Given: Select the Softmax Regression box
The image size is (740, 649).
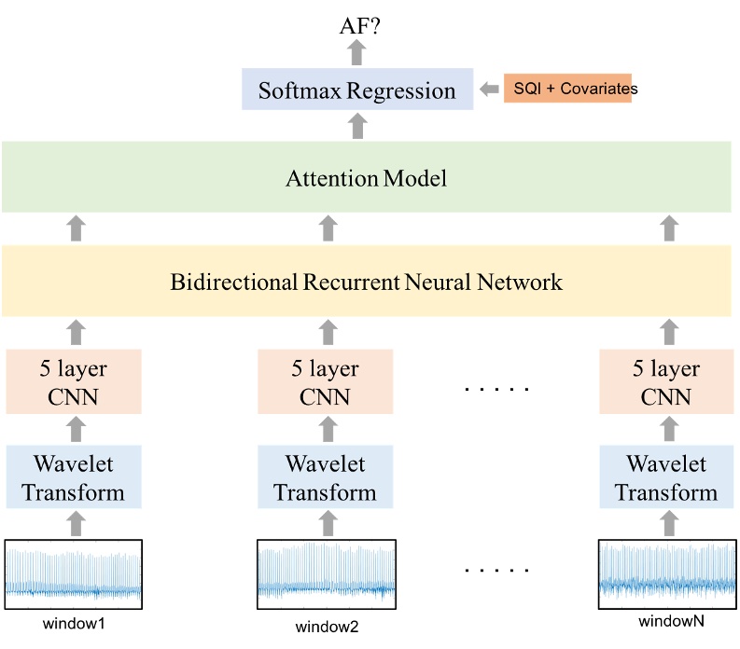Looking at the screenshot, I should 357,90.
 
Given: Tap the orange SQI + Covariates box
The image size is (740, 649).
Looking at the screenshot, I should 567,89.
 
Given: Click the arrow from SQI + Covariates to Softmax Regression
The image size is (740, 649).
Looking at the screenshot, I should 489,90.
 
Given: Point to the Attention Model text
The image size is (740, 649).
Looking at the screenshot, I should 366,177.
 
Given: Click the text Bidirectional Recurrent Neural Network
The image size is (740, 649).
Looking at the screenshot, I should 367,281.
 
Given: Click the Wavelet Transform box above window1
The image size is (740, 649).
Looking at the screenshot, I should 74,477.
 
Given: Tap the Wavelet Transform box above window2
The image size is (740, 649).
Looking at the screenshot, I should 326,477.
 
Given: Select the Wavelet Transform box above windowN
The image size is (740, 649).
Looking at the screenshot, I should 666,477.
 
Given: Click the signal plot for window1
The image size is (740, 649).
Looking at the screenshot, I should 74,572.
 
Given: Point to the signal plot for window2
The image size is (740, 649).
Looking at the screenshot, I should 326,572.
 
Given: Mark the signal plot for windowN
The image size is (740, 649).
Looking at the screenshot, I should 666,572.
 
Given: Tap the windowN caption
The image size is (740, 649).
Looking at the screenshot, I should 666,622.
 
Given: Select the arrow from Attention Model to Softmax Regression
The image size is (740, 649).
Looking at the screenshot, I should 357,126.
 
